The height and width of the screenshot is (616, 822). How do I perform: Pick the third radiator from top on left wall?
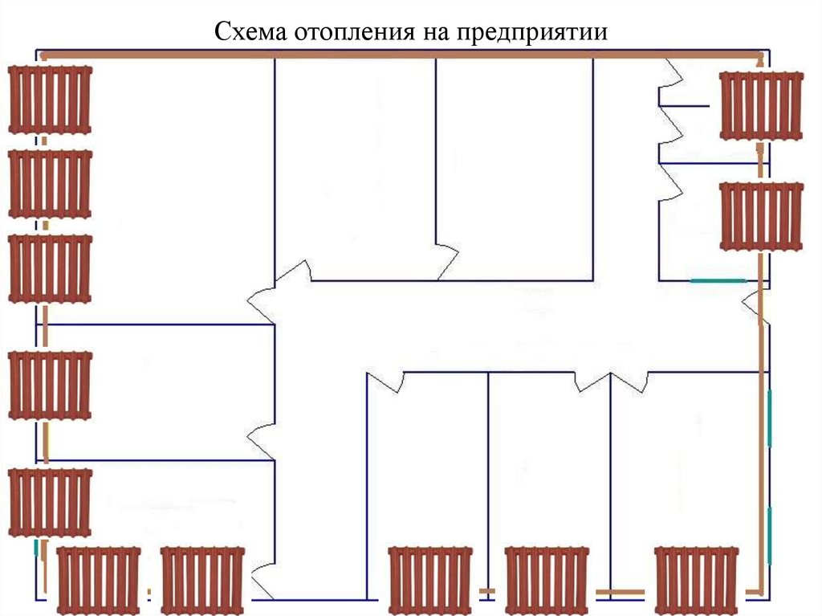50,267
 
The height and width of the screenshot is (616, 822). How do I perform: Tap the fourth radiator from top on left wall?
50,386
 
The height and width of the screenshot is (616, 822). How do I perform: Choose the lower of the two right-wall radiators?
761,215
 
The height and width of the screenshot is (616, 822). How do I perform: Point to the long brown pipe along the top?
401,55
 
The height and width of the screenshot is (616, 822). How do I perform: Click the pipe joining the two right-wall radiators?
761,161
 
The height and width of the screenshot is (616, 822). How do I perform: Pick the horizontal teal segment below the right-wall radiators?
718,281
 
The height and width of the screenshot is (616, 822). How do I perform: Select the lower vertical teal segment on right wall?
770,534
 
